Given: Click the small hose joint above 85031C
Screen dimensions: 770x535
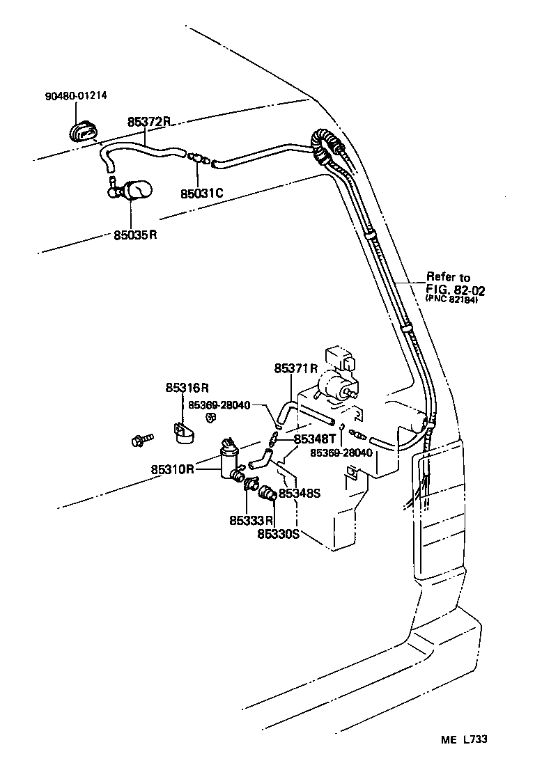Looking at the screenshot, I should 198,159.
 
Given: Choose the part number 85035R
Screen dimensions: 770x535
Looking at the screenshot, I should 136,235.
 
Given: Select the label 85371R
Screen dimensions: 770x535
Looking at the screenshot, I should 295,368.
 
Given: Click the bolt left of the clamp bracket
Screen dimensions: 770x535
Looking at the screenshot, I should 141,439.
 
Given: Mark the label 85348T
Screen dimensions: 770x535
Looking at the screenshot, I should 315,439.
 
